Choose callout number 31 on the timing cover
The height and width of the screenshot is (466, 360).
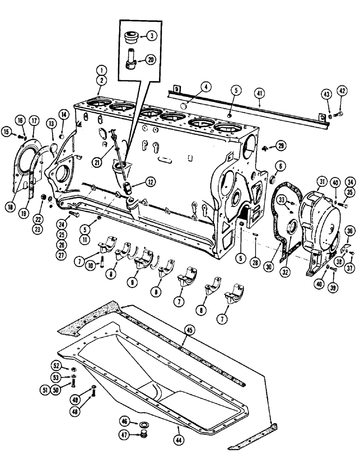(320, 182)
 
